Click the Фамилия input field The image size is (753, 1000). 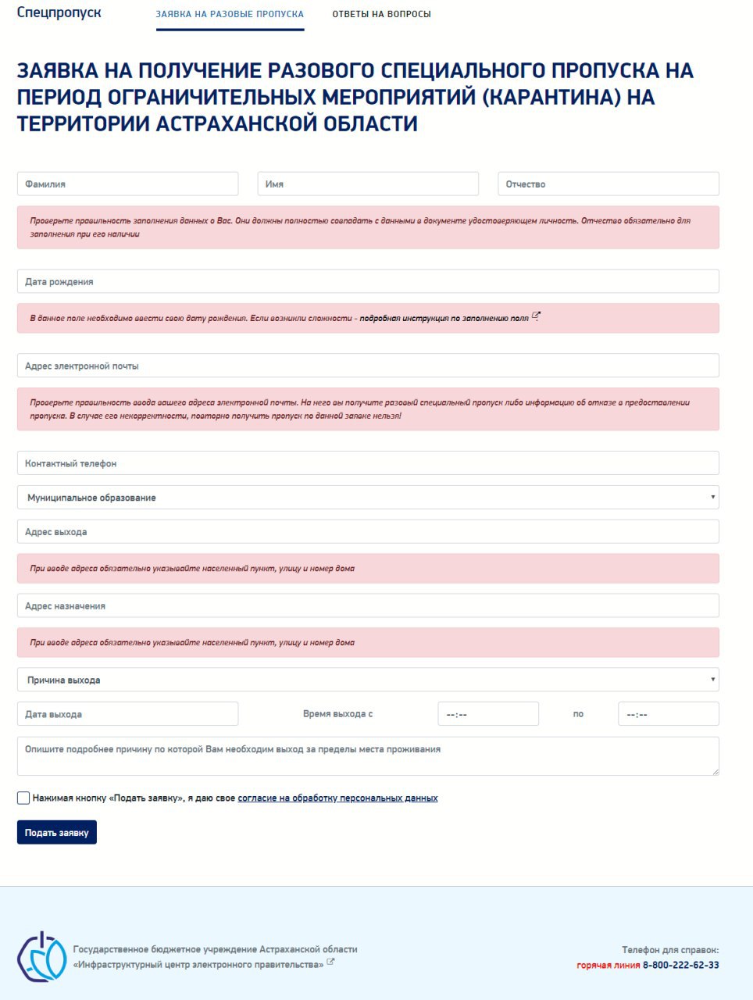pyautogui.click(x=127, y=184)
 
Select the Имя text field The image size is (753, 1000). pyautogui.click(x=368, y=184)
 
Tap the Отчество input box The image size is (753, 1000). pyautogui.click(x=608, y=184)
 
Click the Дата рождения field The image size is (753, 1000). pyautogui.click(x=368, y=282)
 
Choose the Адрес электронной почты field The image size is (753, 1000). pyautogui.click(x=368, y=366)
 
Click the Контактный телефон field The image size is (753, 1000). pyautogui.click(x=368, y=463)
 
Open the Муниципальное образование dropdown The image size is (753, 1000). pyautogui.click(x=368, y=498)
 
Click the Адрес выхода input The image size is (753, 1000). pyautogui.click(x=368, y=532)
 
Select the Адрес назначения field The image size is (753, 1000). pyautogui.click(x=368, y=606)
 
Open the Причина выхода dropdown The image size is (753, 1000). pyautogui.click(x=368, y=680)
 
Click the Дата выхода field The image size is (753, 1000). pyautogui.click(x=127, y=714)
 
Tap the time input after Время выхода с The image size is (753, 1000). pyautogui.click(x=488, y=714)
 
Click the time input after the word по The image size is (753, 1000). pyautogui.click(x=668, y=714)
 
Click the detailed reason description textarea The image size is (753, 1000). pyautogui.click(x=368, y=756)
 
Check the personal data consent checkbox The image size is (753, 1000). pyautogui.click(x=23, y=798)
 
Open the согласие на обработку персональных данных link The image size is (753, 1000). pyautogui.click(x=337, y=798)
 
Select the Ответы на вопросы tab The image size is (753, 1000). pyautogui.click(x=381, y=14)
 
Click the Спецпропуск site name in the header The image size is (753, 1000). pyautogui.click(x=59, y=12)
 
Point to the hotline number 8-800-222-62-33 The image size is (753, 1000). pyautogui.click(x=680, y=965)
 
